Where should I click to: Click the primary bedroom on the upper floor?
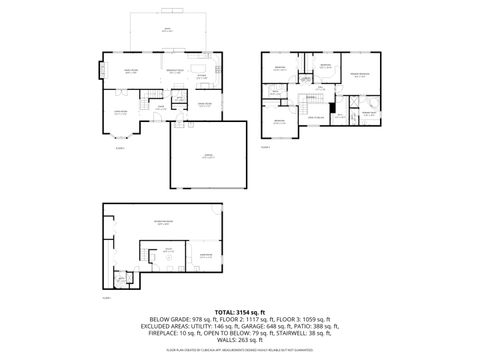pos(358,75)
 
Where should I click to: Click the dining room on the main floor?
pos(205,104)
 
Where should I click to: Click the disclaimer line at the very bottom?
pos(240,351)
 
